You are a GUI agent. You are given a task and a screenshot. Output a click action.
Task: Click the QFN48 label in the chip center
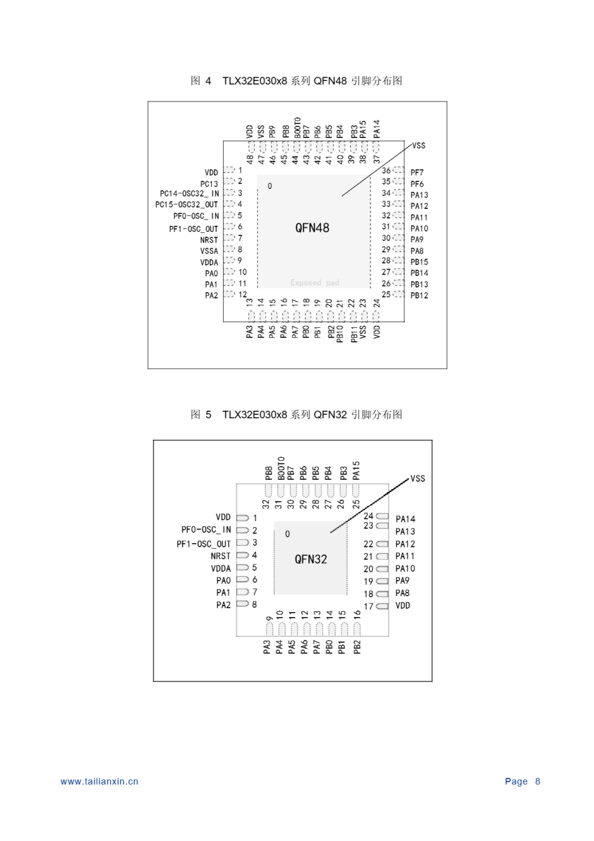[x=312, y=228]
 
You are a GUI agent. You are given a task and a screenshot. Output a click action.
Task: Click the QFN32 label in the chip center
[x=310, y=559]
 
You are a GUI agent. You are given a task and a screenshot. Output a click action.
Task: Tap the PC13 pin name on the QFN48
[x=209, y=184]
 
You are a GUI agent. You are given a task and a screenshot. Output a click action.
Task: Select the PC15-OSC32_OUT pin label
[x=186, y=204]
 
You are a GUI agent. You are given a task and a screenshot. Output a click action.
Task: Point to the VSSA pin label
[x=209, y=251]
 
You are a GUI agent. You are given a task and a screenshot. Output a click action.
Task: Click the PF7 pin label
[x=417, y=172]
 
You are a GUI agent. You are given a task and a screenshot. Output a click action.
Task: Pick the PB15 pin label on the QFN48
[x=419, y=262]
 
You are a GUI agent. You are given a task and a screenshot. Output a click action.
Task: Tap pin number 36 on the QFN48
[x=386, y=170]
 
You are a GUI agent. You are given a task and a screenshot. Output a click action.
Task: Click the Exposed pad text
[x=315, y=283]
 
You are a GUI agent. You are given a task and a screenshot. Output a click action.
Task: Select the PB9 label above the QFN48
[x=272, y=131]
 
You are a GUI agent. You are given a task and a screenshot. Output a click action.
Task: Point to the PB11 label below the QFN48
[x=353, y=334]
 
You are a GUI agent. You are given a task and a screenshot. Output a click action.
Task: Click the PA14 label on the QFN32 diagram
[x=405, y=519]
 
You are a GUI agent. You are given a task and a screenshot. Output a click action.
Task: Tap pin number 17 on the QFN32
[x=368, y=606]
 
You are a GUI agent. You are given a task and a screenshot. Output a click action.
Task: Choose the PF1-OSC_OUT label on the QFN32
[x=203, y=544]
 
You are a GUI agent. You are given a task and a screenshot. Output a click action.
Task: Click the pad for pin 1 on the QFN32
[x=242, y=518]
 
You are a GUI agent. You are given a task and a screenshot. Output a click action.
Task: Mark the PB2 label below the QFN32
[x=357, y=647]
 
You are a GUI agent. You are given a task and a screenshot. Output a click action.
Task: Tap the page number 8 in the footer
[x=537, y=781]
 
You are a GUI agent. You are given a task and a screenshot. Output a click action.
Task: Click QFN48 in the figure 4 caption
[x=330, y=81]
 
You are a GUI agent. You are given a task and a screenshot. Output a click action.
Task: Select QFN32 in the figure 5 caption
[x=330, y=415]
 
